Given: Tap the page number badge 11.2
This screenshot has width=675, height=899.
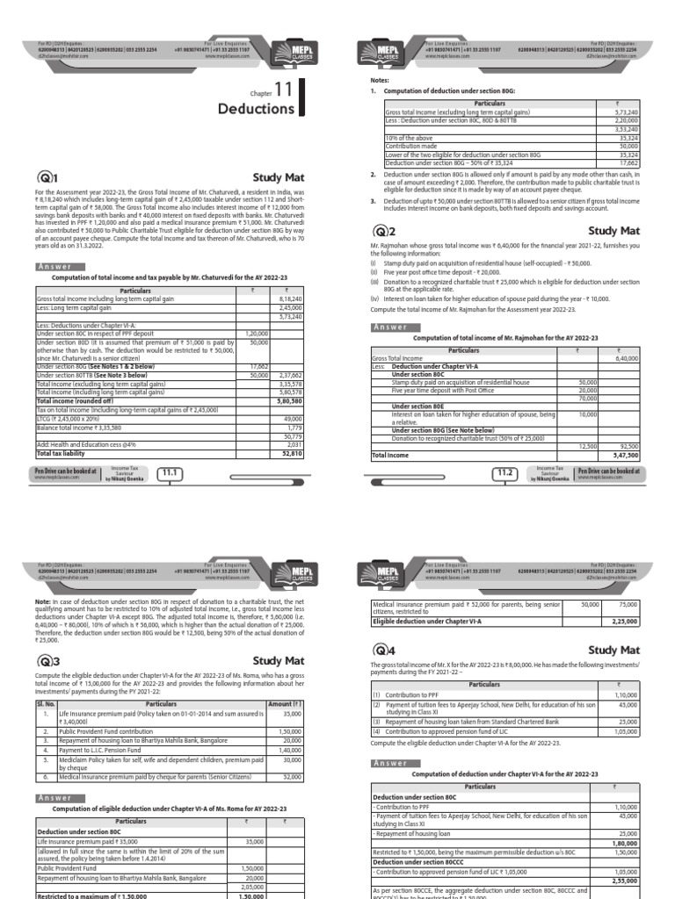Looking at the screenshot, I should (x=504, y=473).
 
